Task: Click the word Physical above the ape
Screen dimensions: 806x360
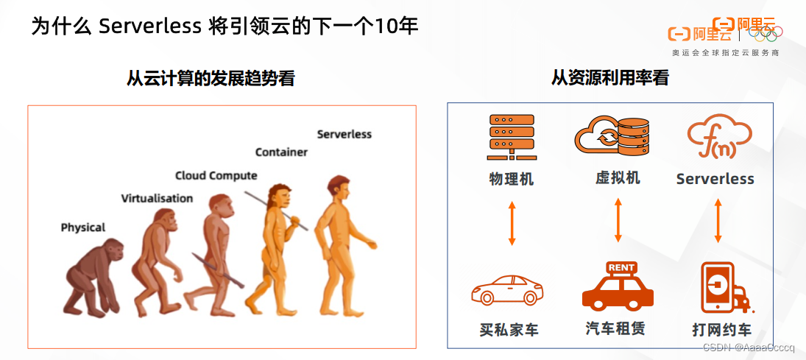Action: tap(83, 227)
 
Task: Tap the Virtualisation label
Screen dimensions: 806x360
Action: tap(157, 198)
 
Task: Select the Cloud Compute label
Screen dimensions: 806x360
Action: tap(216, 175)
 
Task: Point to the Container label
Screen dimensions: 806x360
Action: tap(281, 152)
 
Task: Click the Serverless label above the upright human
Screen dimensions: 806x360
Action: tap(344, 134)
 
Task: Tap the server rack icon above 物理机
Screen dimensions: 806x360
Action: tap(512, 137)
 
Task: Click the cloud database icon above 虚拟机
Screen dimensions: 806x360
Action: tap(612, 137)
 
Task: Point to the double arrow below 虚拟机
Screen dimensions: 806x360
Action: tap(618, 219)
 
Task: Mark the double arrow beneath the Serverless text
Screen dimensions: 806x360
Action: tap(718, 220)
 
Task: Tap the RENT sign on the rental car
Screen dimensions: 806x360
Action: tap(622, 267)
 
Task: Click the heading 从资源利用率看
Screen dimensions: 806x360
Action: tap(610, 77)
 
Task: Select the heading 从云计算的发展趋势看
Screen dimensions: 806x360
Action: tap(211, 78)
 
